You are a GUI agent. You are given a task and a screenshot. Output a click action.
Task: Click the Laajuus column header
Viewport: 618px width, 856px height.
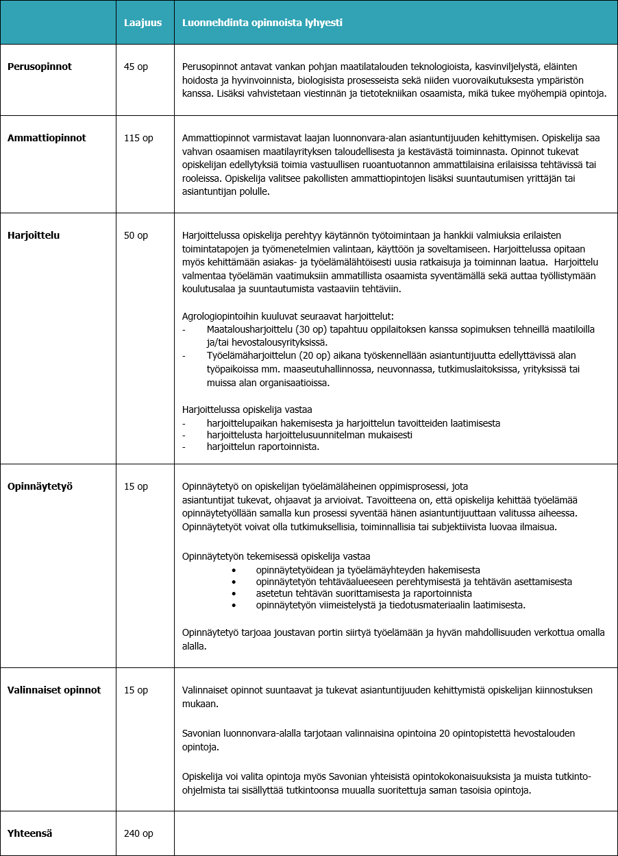coord(143,23)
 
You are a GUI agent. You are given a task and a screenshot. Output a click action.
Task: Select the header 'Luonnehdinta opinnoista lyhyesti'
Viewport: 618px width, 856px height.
coord(262,23)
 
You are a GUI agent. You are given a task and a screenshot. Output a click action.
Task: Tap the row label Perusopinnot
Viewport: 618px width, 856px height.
coord(40,67)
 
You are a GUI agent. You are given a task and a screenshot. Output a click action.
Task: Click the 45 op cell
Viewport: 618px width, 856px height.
coord(136,67)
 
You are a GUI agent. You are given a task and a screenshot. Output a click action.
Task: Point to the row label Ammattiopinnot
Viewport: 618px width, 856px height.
coord(47,138)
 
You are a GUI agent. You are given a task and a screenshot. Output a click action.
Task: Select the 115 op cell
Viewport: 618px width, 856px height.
coord(138,138)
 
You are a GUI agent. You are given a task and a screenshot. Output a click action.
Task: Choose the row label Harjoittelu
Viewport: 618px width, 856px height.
coord(34,235)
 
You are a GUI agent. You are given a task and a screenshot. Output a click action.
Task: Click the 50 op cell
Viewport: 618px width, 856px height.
coord(136,235)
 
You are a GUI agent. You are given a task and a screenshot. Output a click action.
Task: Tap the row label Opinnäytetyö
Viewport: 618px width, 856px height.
coord(40,486)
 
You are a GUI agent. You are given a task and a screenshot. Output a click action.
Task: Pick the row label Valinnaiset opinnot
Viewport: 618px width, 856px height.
coord(54,690)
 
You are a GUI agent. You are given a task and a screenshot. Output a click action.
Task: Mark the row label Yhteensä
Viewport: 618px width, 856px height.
coord(30,833)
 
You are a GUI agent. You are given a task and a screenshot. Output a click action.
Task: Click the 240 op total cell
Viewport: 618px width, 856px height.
coord(138,833)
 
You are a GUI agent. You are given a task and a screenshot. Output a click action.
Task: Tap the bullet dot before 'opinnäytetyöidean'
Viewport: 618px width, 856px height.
coord(234,570)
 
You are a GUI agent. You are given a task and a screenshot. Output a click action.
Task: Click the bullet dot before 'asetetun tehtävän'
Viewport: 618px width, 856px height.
coord(234,593)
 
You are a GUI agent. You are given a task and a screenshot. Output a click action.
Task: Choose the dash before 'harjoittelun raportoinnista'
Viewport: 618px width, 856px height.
coord(184,447)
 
